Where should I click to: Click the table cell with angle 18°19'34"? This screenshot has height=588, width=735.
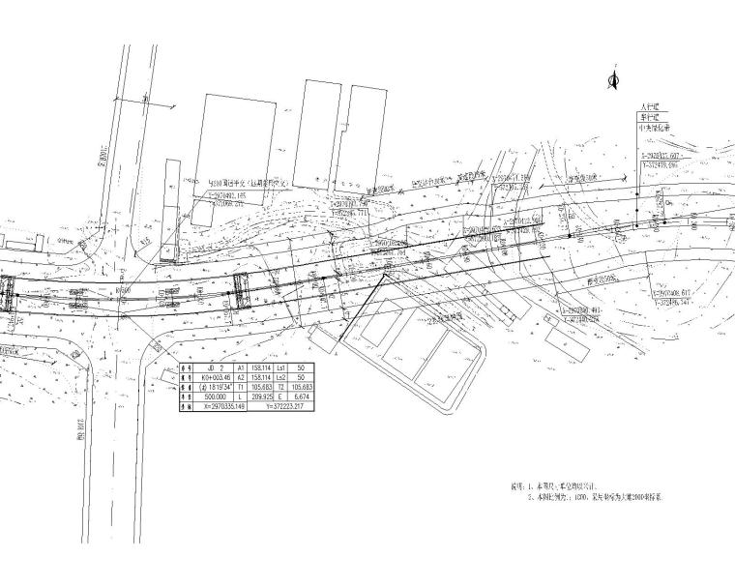(x=217, y=388)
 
